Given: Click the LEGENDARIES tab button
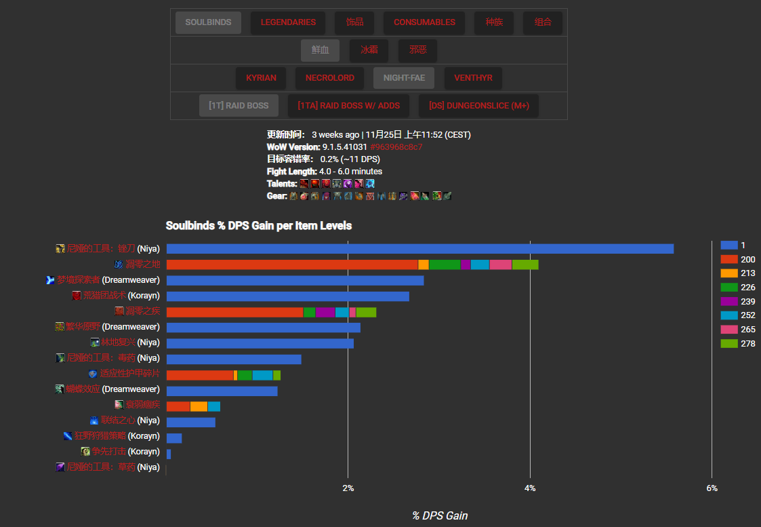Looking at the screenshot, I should tap(287, 22).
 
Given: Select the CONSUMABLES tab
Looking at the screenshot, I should tap(424, 22).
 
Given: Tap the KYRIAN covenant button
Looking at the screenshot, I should tap(261, 78).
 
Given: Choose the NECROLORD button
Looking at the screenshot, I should tap(329, 78).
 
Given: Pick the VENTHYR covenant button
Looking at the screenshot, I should tap(473, 78).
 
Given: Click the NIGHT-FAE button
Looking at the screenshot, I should tap(404, 78).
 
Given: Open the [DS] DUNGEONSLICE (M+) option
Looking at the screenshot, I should tap(478, 106).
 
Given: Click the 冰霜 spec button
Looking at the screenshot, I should tap(369, 50).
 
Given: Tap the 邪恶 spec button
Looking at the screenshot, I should tap(417, 50).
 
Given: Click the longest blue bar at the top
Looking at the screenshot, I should tap(419, 249).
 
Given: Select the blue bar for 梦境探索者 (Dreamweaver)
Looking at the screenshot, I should tap(295, 280).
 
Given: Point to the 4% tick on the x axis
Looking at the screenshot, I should tap(530, 488).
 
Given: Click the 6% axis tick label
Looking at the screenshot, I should tap(712, 488).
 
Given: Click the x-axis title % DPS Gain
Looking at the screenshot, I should tap(440, 515).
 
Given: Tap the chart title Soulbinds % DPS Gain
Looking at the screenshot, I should tap(259, 225).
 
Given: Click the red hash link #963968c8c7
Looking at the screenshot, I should tap(396, 147).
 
